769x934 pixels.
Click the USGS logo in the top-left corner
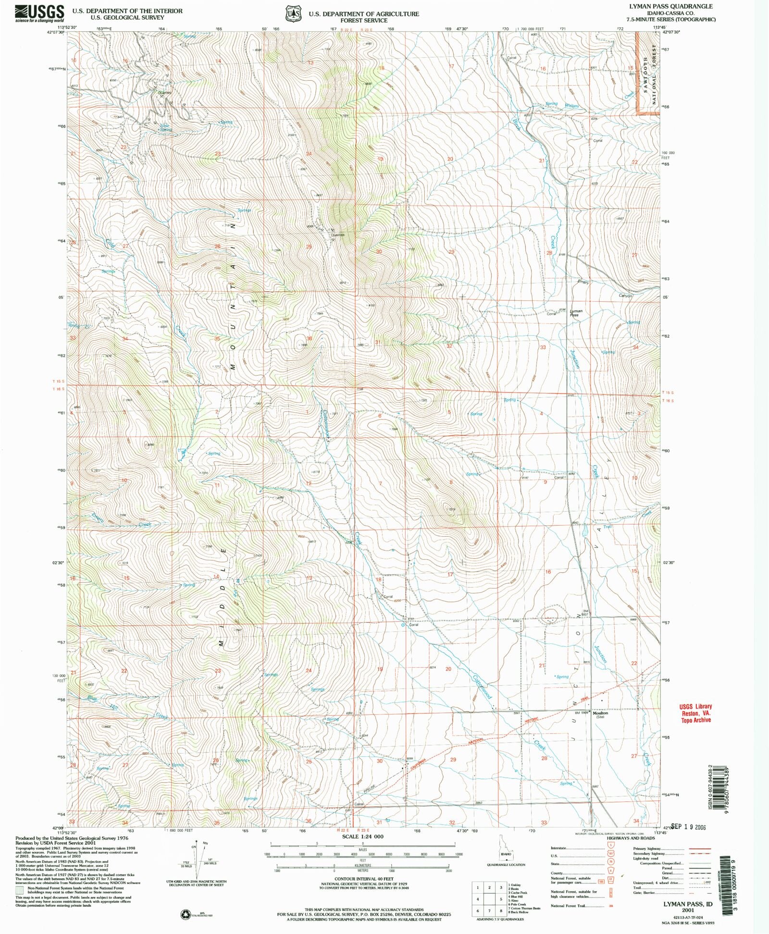click(x=39, y=13)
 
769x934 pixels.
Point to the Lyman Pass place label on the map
click(x=576, y=312)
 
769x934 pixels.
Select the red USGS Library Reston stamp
click(x=695, y=713)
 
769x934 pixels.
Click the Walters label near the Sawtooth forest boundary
click(x=571, y=106)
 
